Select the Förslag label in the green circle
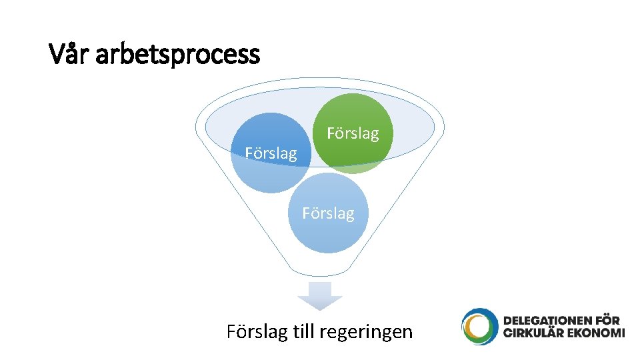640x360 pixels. coord(353,133)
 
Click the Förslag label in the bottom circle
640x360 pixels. coord(328,213)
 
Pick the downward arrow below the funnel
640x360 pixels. coord(320,295)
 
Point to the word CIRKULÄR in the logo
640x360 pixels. coord(533,333)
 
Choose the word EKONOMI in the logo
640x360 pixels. coord(596,333)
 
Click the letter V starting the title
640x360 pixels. coord(57,53)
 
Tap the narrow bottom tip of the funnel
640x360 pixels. coord(321,272)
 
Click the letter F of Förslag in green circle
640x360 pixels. coord(331,133)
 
